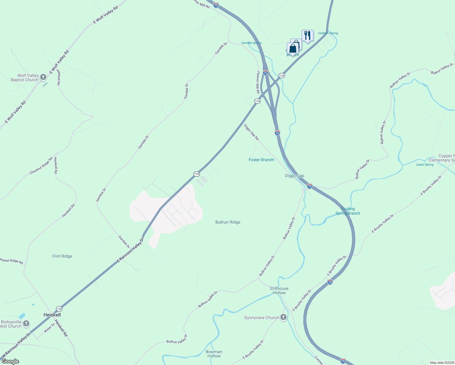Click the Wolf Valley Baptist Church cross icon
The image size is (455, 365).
(x=43, y=77)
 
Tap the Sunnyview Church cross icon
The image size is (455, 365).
(x=283, y=318)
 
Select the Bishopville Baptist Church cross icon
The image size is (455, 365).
(x=26, y=323)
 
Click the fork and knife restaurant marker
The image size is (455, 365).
(x=307, y=36)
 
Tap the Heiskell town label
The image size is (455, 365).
(x=52, y=315)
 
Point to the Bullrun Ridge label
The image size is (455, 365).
(x=228, y=222)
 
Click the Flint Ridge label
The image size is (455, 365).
(x=62, y=256)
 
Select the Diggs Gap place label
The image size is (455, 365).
(x=294, y=176)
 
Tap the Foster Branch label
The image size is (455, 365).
(x=261, y=160)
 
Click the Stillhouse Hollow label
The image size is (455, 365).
(x=279, y=290)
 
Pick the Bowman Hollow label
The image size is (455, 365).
(x=214, y=354)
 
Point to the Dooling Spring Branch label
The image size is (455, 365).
(x=348, y=211)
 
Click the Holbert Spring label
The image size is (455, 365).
(x=328, y=33)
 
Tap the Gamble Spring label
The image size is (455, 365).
(x=251, y=43)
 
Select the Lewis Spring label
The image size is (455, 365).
(x=425, y=165)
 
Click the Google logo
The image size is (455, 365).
(x=10, y=361)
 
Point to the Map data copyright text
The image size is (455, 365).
(x=442, y=363)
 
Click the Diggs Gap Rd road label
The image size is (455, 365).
(x=251, y=132)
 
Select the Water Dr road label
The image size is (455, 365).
(x=49, y=327)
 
